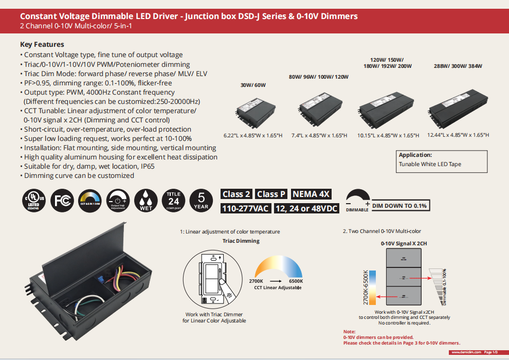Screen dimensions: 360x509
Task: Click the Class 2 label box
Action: coord(236,194)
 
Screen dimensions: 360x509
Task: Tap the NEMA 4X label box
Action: coord(312,194)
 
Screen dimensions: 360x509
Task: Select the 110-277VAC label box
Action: coord(245,208)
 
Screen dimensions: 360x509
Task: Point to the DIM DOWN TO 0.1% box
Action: coord(400,206)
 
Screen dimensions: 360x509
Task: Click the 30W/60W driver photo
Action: coord(251,111)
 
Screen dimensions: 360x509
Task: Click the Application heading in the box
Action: coord(415,155)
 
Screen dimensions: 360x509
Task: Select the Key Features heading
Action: coord(42,44)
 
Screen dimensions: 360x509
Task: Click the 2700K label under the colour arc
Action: coord(256,281)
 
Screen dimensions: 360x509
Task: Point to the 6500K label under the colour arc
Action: coord(296,281)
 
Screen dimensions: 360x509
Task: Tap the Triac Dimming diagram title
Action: coord(241,241)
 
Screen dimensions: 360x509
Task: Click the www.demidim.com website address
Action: coord(467,352)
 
